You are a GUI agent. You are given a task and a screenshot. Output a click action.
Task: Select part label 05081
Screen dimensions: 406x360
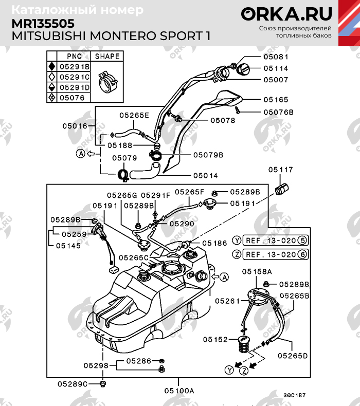coord(276,57)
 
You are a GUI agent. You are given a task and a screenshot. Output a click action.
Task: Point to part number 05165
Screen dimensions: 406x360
coord(276,100)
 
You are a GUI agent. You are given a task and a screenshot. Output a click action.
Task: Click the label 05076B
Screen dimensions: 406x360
coord(278,112)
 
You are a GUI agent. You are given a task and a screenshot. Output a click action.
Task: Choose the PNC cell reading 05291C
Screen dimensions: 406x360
coord(74,77)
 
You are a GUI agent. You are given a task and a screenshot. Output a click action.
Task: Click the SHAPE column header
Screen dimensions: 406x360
coord(107,57)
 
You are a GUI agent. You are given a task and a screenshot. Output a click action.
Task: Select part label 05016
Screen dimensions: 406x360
coord(76,125)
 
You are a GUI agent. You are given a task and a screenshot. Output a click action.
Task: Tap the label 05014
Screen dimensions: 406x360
coord(205,176)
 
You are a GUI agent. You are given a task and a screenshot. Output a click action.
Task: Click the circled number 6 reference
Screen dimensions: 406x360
coord(302,254)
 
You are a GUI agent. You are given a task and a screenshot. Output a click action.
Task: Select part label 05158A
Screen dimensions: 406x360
coord(257,271)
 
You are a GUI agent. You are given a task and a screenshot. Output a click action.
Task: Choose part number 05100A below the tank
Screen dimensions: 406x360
coord(179,391)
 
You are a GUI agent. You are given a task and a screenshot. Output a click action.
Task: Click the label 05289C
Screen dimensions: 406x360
coord(73,383)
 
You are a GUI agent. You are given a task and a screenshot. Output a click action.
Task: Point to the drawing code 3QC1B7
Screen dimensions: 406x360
coord(294,395)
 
